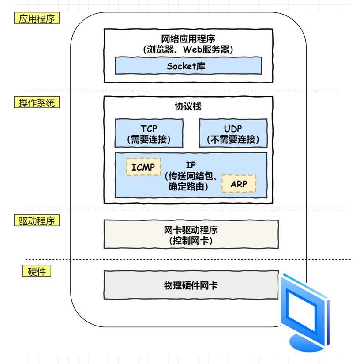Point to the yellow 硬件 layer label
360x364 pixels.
pos(37,270)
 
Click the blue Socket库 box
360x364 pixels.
pos(186,66)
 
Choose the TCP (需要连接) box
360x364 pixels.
pos(149,133)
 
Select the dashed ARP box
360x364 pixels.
pos(238,183)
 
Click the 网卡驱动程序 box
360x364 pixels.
pos(191,235)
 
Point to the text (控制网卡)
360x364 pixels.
pos(191,241)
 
